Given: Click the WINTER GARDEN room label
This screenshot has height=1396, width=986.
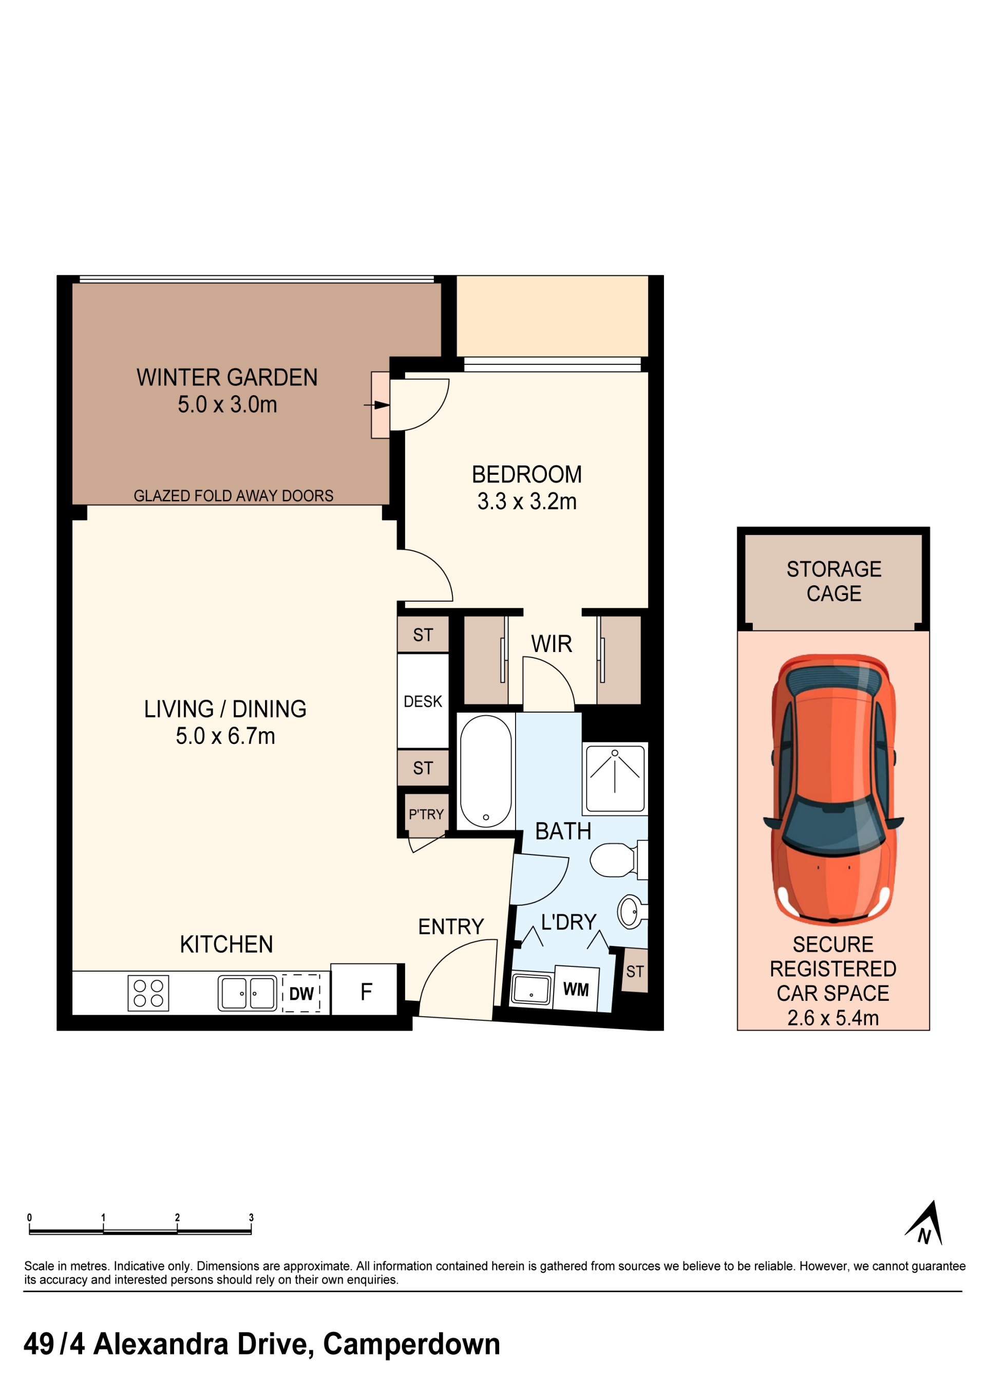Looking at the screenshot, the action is [x=227, y=377].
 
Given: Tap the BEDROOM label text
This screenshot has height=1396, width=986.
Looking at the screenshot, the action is [x=526, y=474].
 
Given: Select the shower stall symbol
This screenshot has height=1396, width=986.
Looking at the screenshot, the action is [x=615, y=778].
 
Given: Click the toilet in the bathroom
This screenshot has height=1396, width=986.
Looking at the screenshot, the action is [x=618, y=860].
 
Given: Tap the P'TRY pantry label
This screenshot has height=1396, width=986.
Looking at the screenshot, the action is [x=426, y=814].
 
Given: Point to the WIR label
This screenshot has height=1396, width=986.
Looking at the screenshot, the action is [x=552, y=644].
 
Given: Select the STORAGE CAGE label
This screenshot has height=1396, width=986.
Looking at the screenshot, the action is [x=833, y=581].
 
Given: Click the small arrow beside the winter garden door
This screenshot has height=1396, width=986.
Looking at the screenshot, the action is [x=377, y=405].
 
